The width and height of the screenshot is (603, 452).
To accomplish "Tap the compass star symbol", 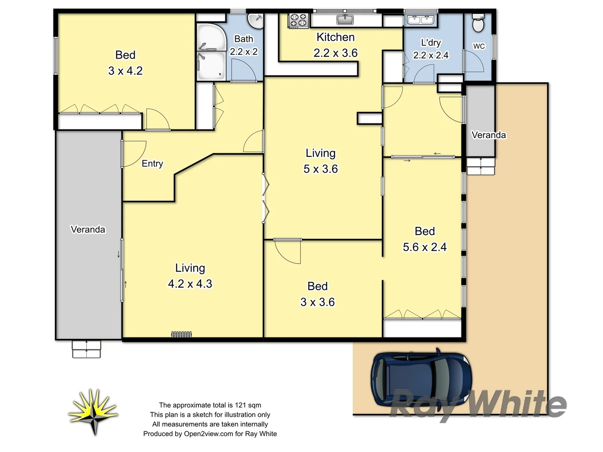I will (x=93, y=412).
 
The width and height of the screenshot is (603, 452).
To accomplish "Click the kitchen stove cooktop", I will (x=298, y=21).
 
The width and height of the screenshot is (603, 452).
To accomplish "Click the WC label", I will (x=479, y=46).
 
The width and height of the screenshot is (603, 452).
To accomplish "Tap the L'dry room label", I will (x=430, y=43).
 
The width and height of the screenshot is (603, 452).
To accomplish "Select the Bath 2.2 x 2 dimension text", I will (x=244, y=52).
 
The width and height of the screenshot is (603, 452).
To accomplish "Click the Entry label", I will (x=152, y=164).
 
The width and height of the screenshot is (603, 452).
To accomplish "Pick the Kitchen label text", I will (x=335, y=37).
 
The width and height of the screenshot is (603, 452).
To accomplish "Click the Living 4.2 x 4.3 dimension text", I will (x=190, y=284).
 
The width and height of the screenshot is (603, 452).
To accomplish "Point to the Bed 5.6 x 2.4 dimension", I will (x=425, y=247).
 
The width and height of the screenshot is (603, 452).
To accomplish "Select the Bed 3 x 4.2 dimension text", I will (x=125, y=71).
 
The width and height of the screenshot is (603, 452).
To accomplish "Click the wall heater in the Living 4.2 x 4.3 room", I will (x=181, y=334).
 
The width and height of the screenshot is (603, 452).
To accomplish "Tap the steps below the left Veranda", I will (x=87, y=349).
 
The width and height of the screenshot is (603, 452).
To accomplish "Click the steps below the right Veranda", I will (x=481, y=166).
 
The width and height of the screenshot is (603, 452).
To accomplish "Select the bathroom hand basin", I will (x=255, y=20).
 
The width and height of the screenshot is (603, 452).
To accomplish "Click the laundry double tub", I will (x=420, y=20).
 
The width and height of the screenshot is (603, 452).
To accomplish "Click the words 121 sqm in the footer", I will (x=248, y=405).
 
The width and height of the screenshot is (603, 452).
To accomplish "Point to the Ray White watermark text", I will (x=478, y=404).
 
